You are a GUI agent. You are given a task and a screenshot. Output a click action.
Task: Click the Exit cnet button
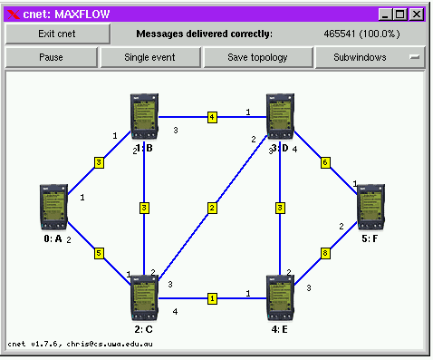(x=57, y=34)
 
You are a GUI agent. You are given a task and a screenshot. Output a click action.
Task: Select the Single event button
(x=150, y=57)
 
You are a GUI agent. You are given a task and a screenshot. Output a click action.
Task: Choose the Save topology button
(x=257, y=57)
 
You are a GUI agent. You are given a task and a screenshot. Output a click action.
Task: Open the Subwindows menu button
(x=370, y=57)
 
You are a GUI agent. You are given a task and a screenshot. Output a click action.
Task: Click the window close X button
(x=417, y=15)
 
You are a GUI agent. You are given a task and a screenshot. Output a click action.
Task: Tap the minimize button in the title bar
(x=385, y=15)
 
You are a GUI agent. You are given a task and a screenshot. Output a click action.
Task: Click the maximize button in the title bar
(x=400, y=15)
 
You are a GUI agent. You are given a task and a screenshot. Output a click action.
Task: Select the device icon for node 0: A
(x=53, y=208)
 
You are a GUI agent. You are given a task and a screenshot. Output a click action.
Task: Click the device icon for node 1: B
(x=144, y=117)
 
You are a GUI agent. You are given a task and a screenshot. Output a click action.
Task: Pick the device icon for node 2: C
(x=144, y=298)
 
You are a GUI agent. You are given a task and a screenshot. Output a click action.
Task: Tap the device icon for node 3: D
(x=280, y=117)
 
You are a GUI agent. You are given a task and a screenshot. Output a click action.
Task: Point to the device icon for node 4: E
(x=280, y=298)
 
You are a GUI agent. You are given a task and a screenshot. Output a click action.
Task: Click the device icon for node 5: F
(x=370, y=208)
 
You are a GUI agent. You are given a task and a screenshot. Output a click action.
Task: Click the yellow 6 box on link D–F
(x=325, y=162)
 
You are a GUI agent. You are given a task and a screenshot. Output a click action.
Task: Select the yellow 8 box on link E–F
(x=325, y=253)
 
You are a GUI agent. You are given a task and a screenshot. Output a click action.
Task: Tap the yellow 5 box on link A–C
(x=99, y=253)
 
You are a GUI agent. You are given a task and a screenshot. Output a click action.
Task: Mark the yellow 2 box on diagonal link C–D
(x=212, y=208)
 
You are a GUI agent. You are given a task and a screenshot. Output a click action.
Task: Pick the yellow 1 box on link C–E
(x=212, y=298)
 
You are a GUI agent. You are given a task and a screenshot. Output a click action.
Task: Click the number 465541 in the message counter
(x=340, y=34)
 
